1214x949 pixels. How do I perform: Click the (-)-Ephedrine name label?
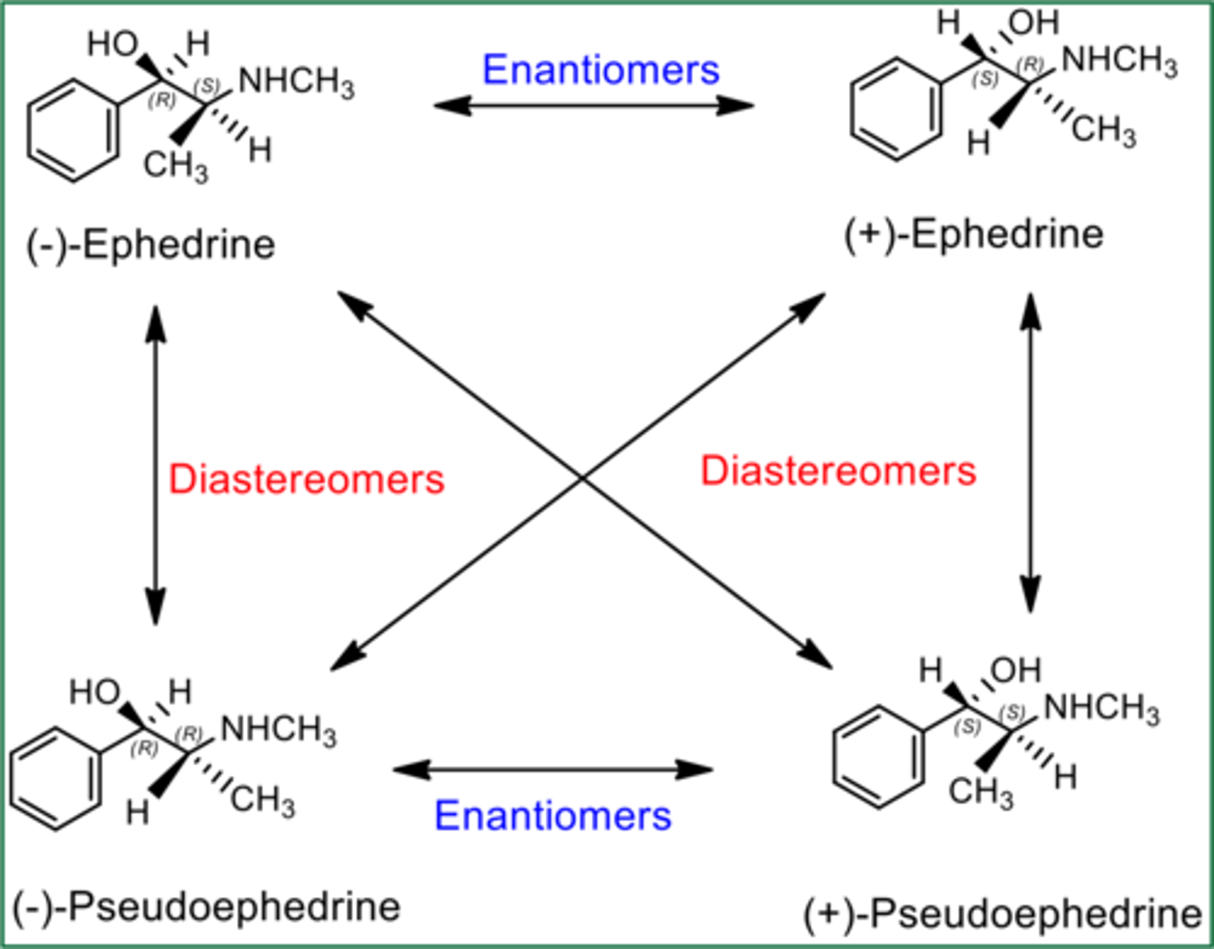point(151,245)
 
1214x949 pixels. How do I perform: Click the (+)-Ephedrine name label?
point(974,233)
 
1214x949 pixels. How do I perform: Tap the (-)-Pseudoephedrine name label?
point(207,908)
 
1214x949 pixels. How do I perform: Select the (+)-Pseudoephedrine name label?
point(1002,914)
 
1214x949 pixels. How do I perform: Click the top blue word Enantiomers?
point(600,69)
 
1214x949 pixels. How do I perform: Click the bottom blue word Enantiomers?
point(552,816)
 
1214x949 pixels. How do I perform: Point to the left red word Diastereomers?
point(306,480)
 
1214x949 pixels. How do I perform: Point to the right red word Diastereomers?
point(838,470)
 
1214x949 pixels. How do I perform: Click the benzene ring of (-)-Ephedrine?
point(73,131)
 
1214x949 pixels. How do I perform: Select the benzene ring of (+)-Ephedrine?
point(895,109)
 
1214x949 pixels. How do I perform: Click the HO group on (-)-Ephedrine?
point(112,44)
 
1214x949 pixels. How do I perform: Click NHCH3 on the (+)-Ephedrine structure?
point(1119,61)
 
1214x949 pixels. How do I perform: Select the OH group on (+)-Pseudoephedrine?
point(1015,670)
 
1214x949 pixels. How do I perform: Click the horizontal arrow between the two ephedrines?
point(593,106)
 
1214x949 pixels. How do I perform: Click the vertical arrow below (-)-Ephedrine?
point(155,464)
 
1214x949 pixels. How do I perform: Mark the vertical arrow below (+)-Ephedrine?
point(1029,453)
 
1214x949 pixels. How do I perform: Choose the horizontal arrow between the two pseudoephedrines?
point(552,769)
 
